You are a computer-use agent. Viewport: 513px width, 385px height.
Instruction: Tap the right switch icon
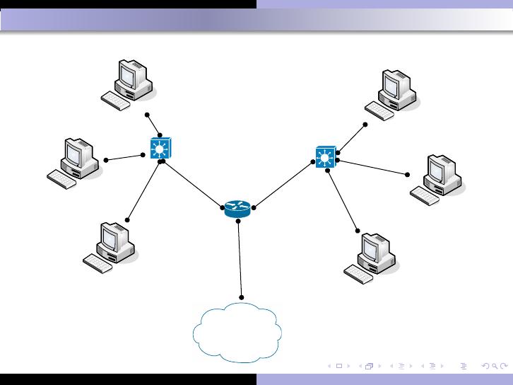325,156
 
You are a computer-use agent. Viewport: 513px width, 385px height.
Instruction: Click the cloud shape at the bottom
238,333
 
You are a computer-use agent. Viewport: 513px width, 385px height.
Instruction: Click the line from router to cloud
240,259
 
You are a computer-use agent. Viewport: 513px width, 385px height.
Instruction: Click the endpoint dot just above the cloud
242,297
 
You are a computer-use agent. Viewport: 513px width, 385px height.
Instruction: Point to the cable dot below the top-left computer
148,114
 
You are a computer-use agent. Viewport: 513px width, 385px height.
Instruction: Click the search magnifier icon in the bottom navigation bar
485,366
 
